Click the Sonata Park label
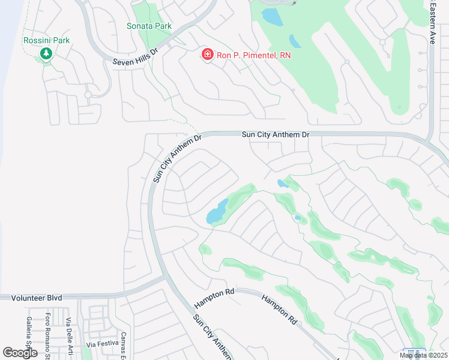[x=149, y=26]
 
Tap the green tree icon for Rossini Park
[x=46, y=54]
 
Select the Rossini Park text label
[x=46, y=40]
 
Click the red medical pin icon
[x=207, y=55]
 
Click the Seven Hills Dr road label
[x=135, y=56]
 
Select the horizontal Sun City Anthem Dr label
[x=275, y=134]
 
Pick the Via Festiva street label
[x=100, y=344]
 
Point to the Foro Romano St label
[x=49, y=336]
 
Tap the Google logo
[x=20, y=353]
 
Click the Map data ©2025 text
[x=423, y=355]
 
